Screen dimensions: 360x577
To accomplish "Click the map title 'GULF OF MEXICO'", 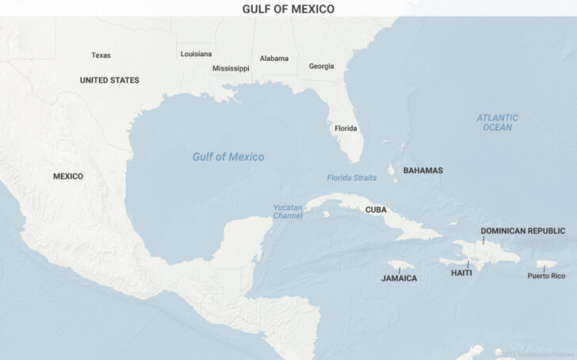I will tap(288, 9).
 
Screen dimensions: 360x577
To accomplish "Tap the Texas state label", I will tap(101, 56).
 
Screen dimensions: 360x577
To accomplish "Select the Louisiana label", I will tap(196, 54).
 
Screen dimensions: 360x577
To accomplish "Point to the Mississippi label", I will tap(231, 68).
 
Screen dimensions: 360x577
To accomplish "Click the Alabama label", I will tap(274, 59).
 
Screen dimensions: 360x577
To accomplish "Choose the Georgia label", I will tap(321, 67).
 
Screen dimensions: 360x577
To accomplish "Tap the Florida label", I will tap(346, 128).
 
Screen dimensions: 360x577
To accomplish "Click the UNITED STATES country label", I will tap(109, 80).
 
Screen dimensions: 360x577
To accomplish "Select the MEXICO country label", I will tap(68, 176).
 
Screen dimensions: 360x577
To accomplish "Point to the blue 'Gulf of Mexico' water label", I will tap(228, 157).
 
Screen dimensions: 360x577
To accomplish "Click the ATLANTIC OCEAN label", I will tap(497, 122).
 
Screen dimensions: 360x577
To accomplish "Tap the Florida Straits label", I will tap(351, 178).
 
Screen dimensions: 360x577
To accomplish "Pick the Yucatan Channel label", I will tap(288, 211).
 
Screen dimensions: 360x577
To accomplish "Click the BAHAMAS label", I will tap(422, 170).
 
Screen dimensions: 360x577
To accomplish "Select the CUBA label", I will tap(376, 210).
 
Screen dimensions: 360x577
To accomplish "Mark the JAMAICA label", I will tap(399, 278).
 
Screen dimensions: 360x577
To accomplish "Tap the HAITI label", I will tap(461, 273).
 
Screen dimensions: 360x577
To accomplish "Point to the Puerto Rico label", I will tap(546, 276).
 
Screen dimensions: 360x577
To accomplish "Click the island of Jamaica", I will tap(401, 265).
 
